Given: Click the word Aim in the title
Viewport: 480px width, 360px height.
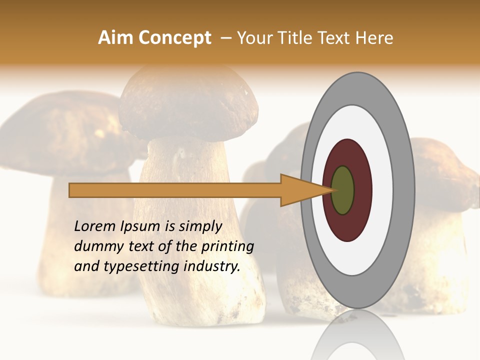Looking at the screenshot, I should pos(115,38).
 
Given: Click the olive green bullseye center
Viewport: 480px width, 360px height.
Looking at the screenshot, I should pos(342,190).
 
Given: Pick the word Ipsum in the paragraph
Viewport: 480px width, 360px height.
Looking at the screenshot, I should pos(140,226).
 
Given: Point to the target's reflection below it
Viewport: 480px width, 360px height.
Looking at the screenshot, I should pos(358,335).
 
